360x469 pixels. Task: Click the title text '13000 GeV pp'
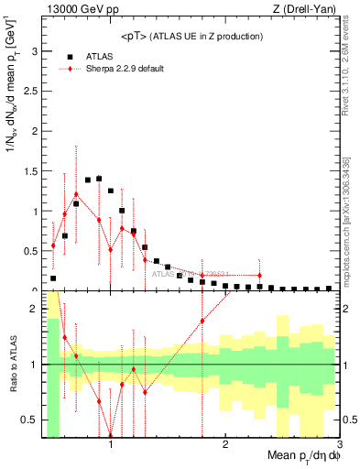77,10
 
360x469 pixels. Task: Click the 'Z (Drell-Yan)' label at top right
303,10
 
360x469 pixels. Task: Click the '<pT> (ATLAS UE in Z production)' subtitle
191,36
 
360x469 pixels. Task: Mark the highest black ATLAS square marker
99,179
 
